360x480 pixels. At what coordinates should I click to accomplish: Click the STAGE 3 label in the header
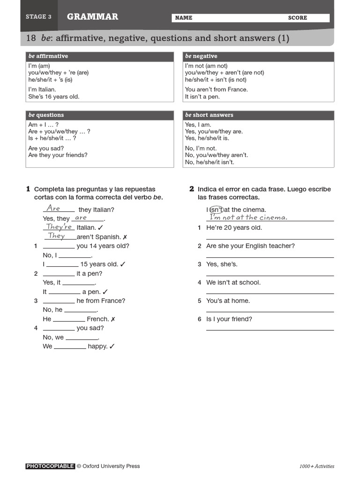(38, 17)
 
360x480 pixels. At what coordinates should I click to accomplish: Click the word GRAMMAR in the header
(92, 17)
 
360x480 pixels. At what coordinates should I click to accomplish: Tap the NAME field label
(183, 18)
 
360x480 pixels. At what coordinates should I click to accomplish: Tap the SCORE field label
(298, 18)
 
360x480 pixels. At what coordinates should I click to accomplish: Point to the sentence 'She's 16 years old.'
(54, 97)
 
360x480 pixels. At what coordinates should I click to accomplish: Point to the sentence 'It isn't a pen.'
(202, 97)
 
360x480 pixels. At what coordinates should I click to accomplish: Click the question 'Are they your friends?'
(58, 155)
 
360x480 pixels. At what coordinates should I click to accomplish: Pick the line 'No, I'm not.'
(201, 148)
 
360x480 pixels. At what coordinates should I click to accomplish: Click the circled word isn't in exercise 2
(216, 210)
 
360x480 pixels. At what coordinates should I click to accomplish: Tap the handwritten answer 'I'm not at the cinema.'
(248, 217)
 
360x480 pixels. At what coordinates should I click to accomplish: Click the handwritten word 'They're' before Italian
(59, 227)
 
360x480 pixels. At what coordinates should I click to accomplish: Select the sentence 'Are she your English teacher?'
(250, 246)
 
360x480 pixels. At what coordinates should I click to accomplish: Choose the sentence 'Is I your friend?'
(229, 319)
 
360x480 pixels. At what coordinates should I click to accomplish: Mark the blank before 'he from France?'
(59, 301)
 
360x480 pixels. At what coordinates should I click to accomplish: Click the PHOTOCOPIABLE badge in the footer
(50, 466)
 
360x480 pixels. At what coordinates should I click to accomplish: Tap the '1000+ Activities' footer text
(317, 466)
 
